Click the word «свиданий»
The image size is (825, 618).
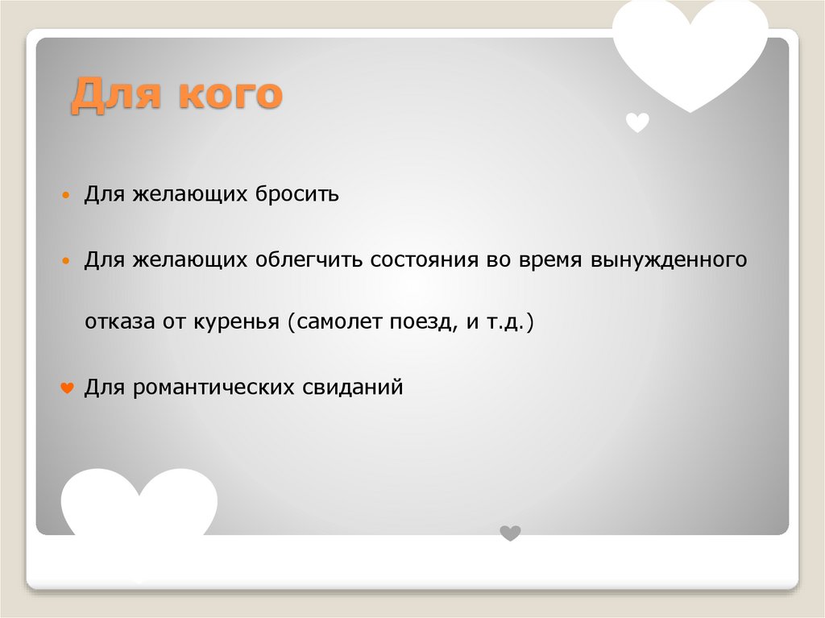click(x=352, y=388)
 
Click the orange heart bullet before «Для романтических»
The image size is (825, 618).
click(x=68, y=389)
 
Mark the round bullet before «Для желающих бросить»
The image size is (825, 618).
click(x=68, y=197)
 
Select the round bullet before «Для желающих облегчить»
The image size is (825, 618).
click(x=68, y=262)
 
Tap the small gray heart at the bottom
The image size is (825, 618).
click(x=510, y=533)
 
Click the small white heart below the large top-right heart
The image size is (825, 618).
click(x=637, y=122)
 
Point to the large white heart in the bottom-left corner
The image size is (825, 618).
click(x=139, y=504)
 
